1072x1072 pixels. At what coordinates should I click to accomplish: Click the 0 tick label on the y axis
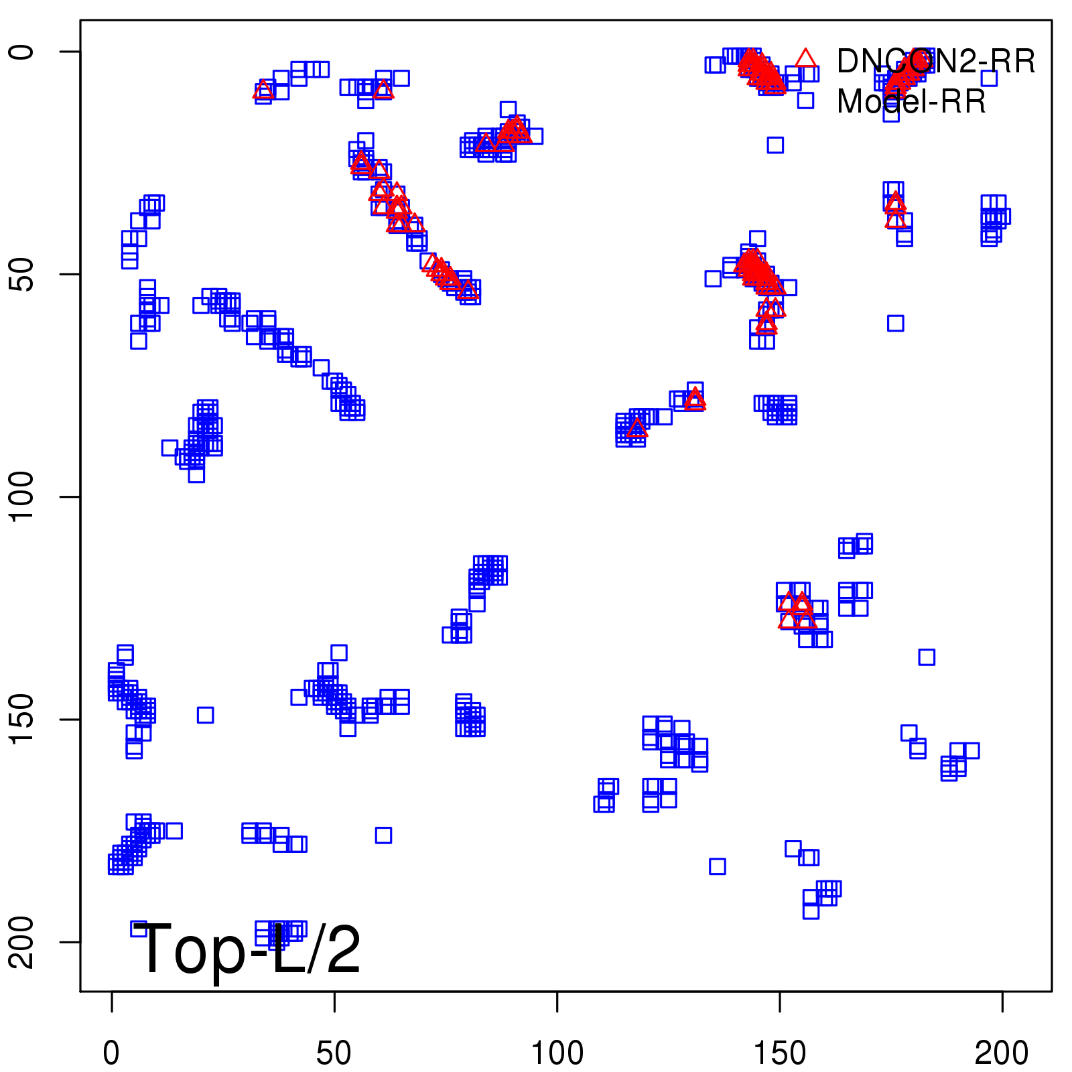[21, 52]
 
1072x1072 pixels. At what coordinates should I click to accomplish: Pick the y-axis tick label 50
[21, 274]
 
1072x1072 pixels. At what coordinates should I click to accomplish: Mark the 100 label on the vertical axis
[21, 496]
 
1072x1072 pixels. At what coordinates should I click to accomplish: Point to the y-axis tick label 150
[21, 719]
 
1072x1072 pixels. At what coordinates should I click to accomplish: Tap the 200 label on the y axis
[21, 941]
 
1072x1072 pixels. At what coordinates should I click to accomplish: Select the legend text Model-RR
[911, 102]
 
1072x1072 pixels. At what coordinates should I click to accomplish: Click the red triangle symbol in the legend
[805, 59]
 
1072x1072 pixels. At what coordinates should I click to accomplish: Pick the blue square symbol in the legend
[805, 100]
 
